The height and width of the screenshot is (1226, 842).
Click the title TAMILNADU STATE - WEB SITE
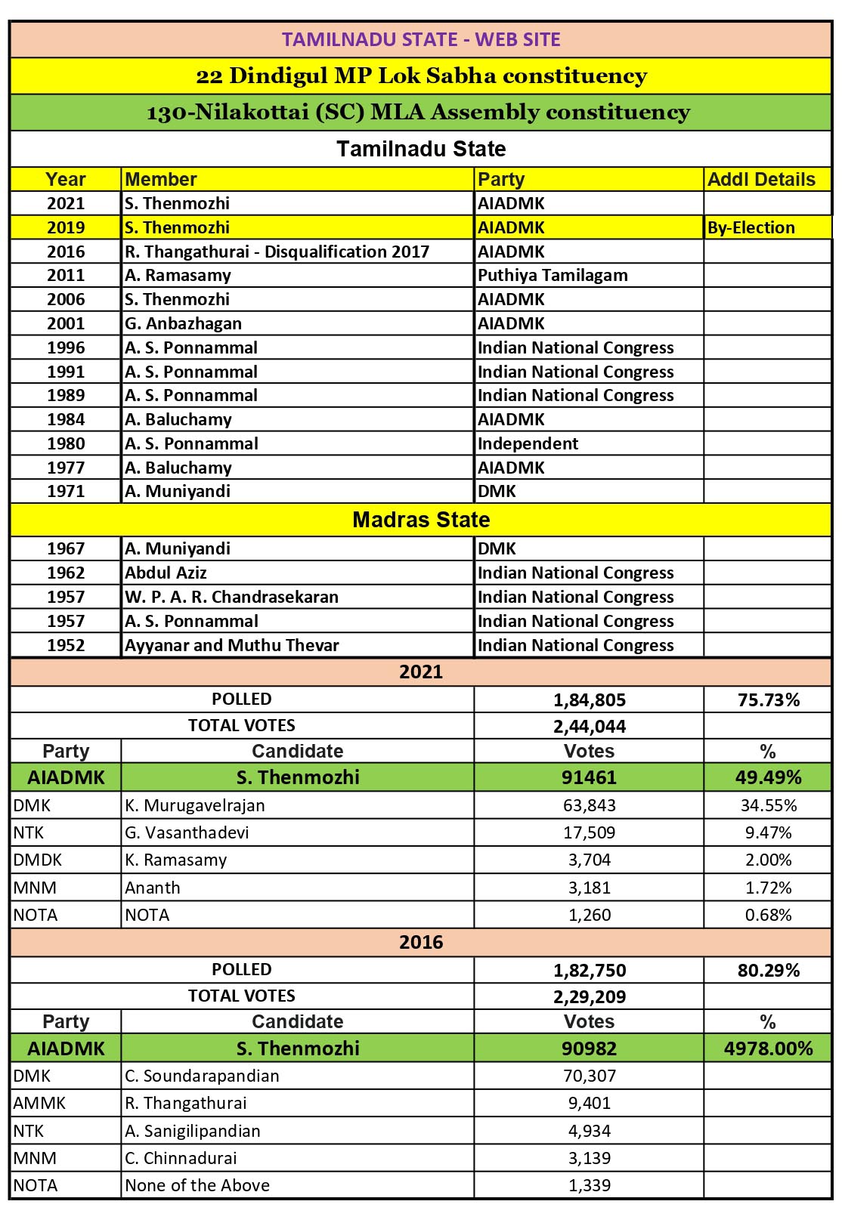(x=421, y=40)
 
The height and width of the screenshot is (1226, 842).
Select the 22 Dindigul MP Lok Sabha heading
(x=421, y=76)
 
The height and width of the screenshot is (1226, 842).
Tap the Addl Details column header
(x=761, y=180)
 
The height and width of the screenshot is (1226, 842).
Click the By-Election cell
(x=751, y=227)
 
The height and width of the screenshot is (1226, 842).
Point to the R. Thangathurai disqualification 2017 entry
(x=277, y=252)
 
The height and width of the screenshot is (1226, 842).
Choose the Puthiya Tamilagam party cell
(x=553, y=275)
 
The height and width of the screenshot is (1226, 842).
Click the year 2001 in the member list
(x=66, y=323)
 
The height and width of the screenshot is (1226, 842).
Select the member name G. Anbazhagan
(x=184, y=323)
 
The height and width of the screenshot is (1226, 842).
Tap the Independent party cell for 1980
(x=528, y=443)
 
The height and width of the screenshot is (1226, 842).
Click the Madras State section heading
(x=421, y=520)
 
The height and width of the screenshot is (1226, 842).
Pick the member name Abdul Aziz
(x=166, y=573)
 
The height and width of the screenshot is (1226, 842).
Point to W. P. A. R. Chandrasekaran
(x=231, y=597)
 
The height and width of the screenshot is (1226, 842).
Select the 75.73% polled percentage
(x=768, y=699)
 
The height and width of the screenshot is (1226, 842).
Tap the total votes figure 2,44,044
(x=590, y=727)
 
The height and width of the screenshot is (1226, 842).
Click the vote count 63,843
(x=590, y=805)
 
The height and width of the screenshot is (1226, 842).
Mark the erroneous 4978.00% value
(x=768, y=1048)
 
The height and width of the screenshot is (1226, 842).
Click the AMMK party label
(x=40, y=1103)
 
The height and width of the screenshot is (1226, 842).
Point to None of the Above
(x=197, y=1185)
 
